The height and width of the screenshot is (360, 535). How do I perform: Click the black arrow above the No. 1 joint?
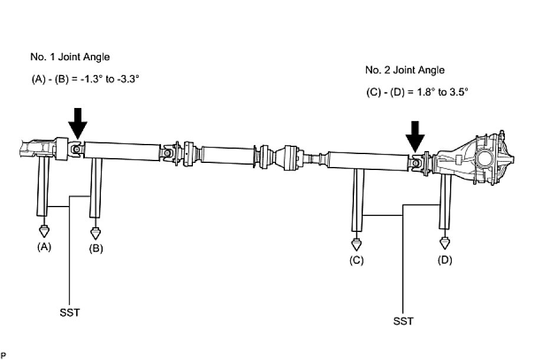point(77,123)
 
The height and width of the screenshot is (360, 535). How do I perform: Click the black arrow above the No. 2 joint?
point(416,135)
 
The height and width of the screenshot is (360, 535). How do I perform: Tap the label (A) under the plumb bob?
point(44,247)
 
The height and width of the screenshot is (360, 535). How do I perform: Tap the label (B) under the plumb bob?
point(96,248)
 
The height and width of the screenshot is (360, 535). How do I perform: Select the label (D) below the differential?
point(445,260)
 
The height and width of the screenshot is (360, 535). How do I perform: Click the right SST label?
point(403,321)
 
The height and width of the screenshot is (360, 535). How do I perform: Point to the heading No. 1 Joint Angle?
point(70,57)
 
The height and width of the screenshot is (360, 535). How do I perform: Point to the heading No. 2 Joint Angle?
point(405,70)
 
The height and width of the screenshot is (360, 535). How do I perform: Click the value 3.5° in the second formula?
point(457,92)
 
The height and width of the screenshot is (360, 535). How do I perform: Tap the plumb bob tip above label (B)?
point(96,234)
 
